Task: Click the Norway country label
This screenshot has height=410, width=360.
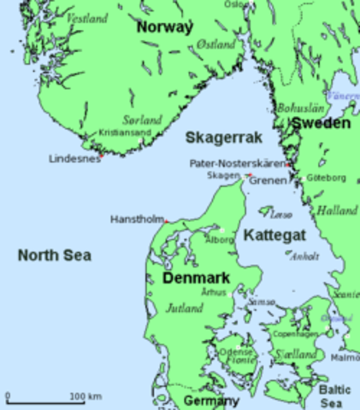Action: pyautogui.click(x=164, y=27)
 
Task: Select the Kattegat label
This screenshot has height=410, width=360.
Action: pyautogui.click(x=268, y=233)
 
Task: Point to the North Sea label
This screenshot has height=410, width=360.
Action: pyautogui.click(x=55, y=255)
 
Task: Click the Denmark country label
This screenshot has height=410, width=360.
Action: pyautogui.click(x=198, y=278)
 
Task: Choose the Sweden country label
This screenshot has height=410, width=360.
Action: pyautogui.click(x=320, y=124)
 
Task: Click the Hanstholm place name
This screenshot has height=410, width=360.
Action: pyautogui.click(x=136, y=220)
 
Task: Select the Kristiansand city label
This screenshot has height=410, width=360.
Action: pyautogui.click(x=124, y=133)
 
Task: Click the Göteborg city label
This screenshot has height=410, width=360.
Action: pyautogui.click(x=326, y=178)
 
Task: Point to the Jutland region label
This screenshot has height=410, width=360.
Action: pyautogui.click(x=185, y=307)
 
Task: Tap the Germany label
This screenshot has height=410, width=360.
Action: pyautogui.click(x=211, y=401)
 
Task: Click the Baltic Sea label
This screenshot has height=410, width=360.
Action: pyautogui.click(x=333, y=395)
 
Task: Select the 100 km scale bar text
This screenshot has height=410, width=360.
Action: pyautogui.click(x=85, y=396)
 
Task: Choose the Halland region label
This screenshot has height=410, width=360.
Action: pyautogui.click(x=336, y=209)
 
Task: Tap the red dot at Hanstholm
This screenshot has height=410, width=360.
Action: pyautogui.click(x=166, y=222)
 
